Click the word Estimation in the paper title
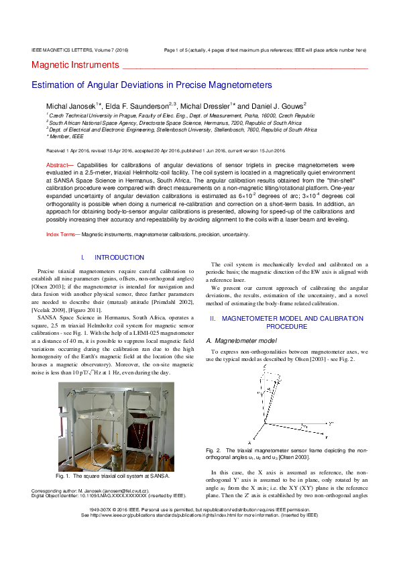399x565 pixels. point(54,85)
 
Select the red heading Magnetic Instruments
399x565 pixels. point(74,65)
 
